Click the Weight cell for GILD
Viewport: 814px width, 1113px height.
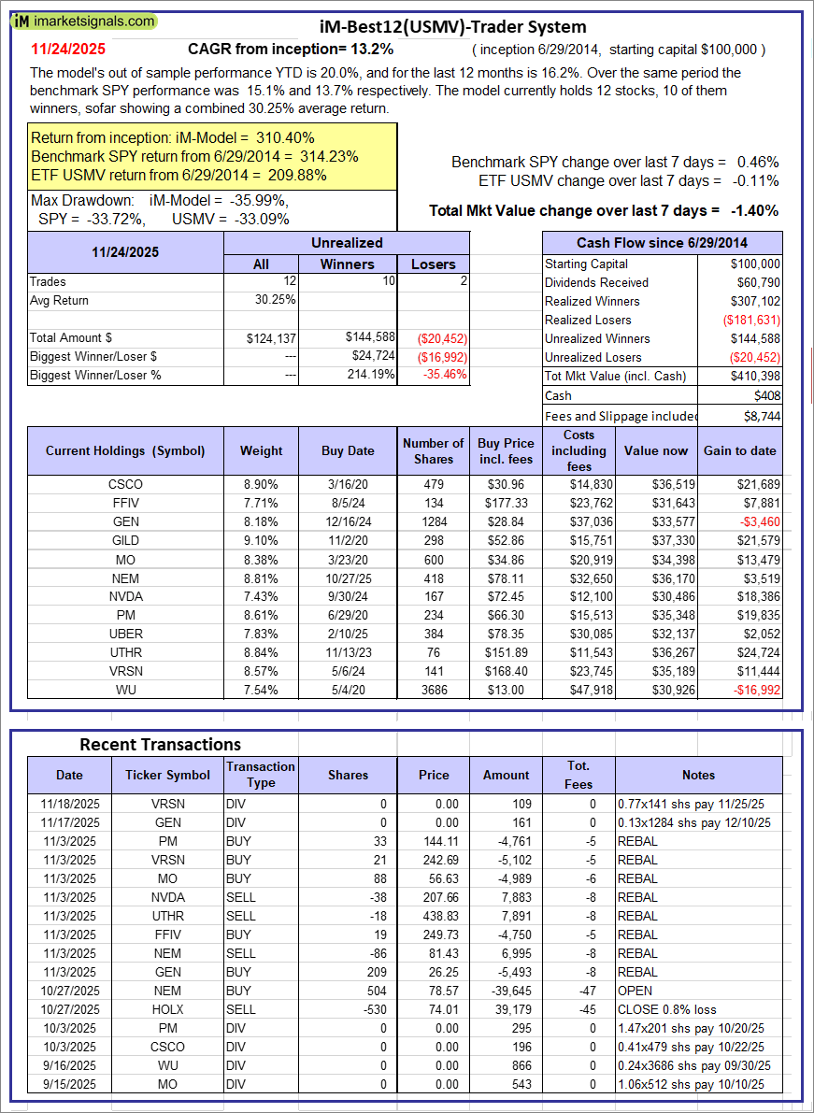(261, 540)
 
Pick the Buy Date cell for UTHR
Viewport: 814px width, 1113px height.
(347, 652)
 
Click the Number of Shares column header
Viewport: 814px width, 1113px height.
(433, 450)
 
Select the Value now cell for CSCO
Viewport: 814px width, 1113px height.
(656, 484)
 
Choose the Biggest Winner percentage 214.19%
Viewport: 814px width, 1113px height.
(368, 375)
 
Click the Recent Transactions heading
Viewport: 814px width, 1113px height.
(160, 744)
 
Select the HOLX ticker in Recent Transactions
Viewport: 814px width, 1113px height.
(167, 1009)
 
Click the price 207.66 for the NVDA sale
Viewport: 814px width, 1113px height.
(434, 897)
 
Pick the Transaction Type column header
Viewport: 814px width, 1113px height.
(261, 774)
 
